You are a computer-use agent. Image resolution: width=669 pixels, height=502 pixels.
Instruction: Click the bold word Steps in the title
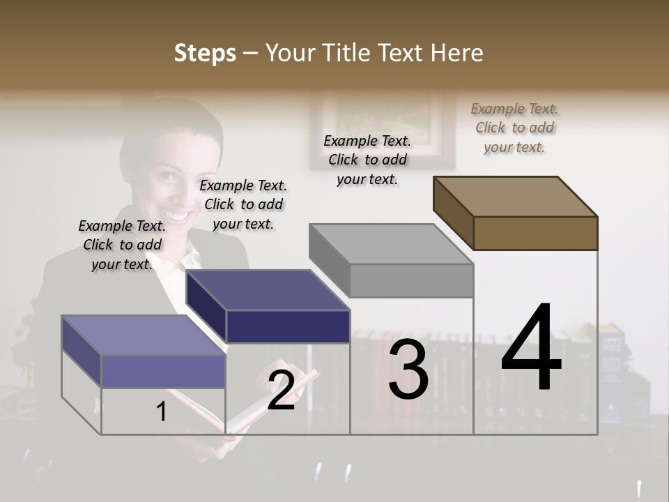point(205,53)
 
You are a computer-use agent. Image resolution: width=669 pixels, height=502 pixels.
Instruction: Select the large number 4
point(531,349)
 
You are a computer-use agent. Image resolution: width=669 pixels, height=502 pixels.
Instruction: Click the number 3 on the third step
point(408,370)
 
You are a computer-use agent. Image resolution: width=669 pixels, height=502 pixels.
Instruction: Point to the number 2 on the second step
point(281,391)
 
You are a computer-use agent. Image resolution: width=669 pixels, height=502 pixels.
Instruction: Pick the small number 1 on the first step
point(162,412)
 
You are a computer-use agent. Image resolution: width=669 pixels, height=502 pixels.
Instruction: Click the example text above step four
point(514,128)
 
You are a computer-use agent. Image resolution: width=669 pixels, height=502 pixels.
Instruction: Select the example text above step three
point(367,160)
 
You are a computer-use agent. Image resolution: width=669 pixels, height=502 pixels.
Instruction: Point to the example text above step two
point(243,204)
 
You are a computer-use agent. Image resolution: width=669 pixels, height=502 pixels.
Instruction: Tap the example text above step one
point(122,245)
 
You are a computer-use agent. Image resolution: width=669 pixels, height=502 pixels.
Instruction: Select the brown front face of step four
point(535,233)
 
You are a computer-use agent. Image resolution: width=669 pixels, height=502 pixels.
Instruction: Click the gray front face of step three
point(411,281)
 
